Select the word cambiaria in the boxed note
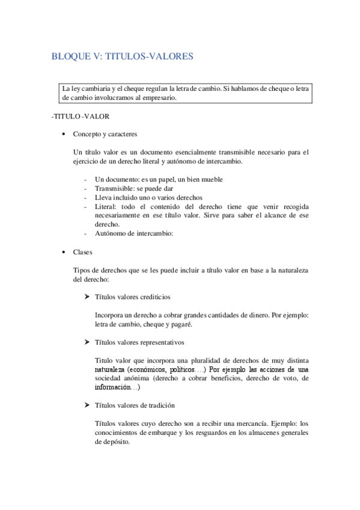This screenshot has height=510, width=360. click(94, 89)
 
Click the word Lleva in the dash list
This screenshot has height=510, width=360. click(103, 197)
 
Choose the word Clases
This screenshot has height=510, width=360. click(83, 252)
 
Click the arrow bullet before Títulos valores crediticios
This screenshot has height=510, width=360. click(88, 296)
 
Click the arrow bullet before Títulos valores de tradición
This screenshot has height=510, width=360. click(88, 405)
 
